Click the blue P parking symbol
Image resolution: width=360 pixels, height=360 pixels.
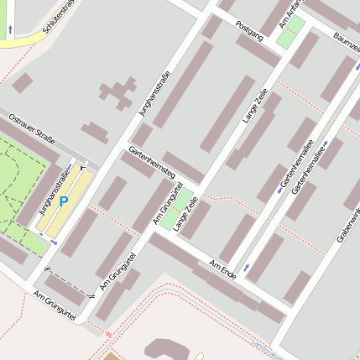pos(63,201)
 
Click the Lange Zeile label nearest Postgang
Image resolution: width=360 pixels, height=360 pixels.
pos(254,104)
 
